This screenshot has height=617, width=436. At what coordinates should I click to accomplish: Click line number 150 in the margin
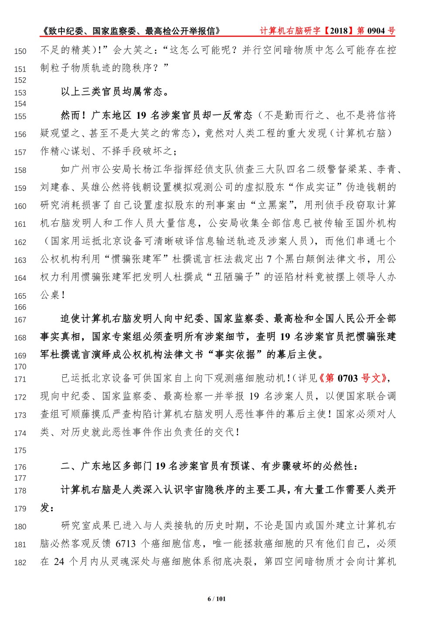(20, 52)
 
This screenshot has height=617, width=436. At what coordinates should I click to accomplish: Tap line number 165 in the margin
(20, 296)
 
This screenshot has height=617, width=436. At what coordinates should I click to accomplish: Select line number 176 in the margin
(20, 467)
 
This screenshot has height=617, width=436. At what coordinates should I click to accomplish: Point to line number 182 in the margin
(20, 563)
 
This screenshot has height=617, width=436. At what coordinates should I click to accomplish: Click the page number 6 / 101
(217, 599)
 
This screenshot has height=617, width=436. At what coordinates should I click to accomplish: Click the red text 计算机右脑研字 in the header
(290, 31)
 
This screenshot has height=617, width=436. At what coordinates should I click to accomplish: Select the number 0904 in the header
(376, 31)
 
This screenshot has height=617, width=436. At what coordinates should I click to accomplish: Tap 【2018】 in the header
(339, 31)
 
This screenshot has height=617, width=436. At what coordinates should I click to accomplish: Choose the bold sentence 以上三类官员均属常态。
(115, 92)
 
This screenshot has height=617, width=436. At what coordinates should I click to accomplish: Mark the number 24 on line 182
(59, 562)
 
